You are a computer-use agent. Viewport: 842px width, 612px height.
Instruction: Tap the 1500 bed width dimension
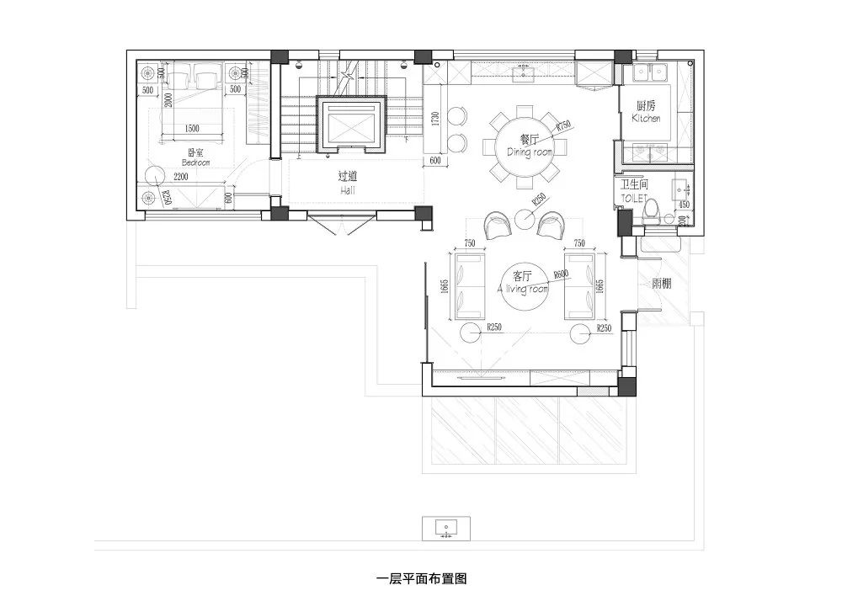pos(191,128)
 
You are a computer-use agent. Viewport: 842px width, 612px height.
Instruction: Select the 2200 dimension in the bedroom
pos(181,177)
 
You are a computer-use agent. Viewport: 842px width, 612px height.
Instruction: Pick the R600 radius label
pos(562,274)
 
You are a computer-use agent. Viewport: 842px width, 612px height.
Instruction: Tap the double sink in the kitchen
pos(648,73)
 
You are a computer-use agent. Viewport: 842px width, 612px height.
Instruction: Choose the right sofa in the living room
pos(579,286)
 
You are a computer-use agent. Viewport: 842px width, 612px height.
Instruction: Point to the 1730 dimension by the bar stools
pos(435,120)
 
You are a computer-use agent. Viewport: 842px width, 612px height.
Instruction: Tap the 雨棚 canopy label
pos(662,284)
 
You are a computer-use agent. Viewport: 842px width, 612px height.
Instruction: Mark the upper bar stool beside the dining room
pos(457,115)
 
